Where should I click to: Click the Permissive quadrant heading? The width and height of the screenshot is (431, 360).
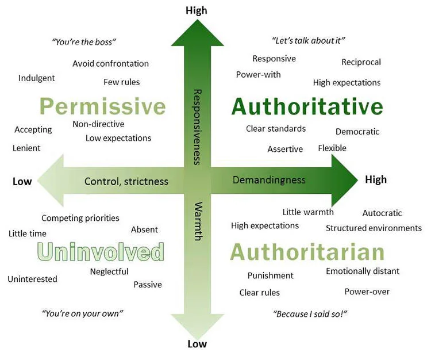pyautogui.click(x=103, y=106)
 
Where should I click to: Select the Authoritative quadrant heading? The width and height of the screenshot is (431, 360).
pyautogui.click(x=307, y=106)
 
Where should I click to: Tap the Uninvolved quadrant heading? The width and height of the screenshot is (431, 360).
pyautogui.click(x=101, y=252)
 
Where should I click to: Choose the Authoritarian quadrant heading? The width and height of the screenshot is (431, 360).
pyautogui.click(x=307, y=252)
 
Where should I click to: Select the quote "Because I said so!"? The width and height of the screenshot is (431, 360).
pyautogui.click(x=311, y=314)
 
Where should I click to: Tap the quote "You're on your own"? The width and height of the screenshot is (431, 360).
pyautogui.click(x=83, y=313)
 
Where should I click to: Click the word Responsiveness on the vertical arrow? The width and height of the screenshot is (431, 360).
pyautogui.click(x=197, y=127)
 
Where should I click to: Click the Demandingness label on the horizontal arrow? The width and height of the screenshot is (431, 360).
pyautogui.click(x=269, y=180)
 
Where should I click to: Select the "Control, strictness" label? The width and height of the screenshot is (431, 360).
pyautogui.click(x=126, y=182)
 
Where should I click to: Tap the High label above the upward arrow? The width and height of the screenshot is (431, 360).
pyautogui.click(x=197, y=10)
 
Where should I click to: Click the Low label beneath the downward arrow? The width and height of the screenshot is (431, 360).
pyautogui.click(x=197, y=344)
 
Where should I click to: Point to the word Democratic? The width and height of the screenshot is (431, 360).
pyautogui.click(x=357, y=132)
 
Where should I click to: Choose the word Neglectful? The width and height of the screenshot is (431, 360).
pyautogui.click(x=109, y=271)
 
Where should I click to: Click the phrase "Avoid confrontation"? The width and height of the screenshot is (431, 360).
pyautogui.click(x=110, y=64)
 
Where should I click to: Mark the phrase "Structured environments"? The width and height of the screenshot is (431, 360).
pyautogui.click(x=374, y=228)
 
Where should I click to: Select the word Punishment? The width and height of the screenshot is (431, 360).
pyautogui.click(x=270, y=275)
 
